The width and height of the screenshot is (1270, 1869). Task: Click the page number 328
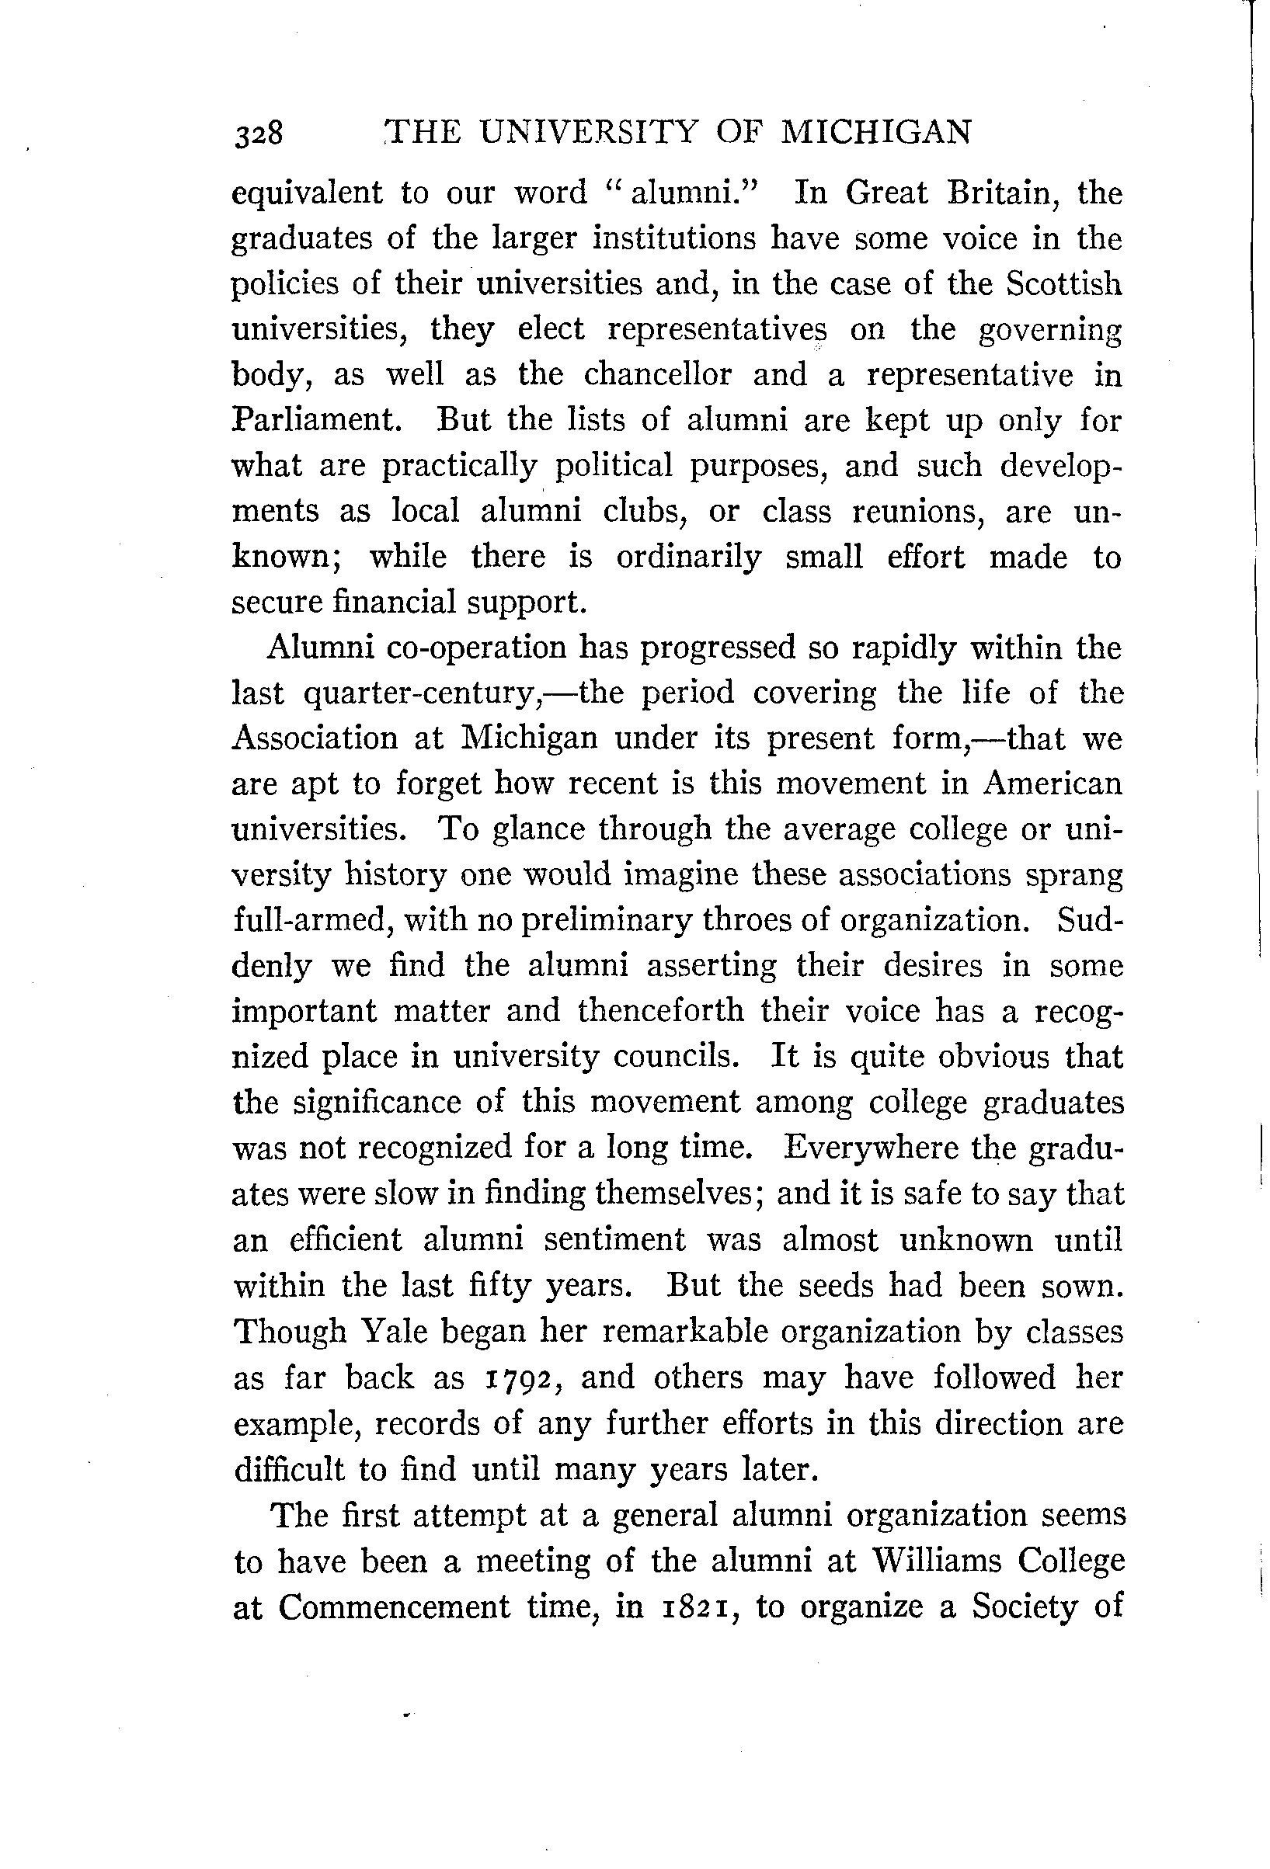tap(258, 133)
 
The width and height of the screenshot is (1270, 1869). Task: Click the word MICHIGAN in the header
tap(877, 131)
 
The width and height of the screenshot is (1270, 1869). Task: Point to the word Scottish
tap(1064, 284)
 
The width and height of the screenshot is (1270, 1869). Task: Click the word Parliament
tap(316, 421)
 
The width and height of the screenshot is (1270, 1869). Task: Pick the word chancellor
tap(658, 375)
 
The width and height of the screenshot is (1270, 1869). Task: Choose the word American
tap(1052, 783)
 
